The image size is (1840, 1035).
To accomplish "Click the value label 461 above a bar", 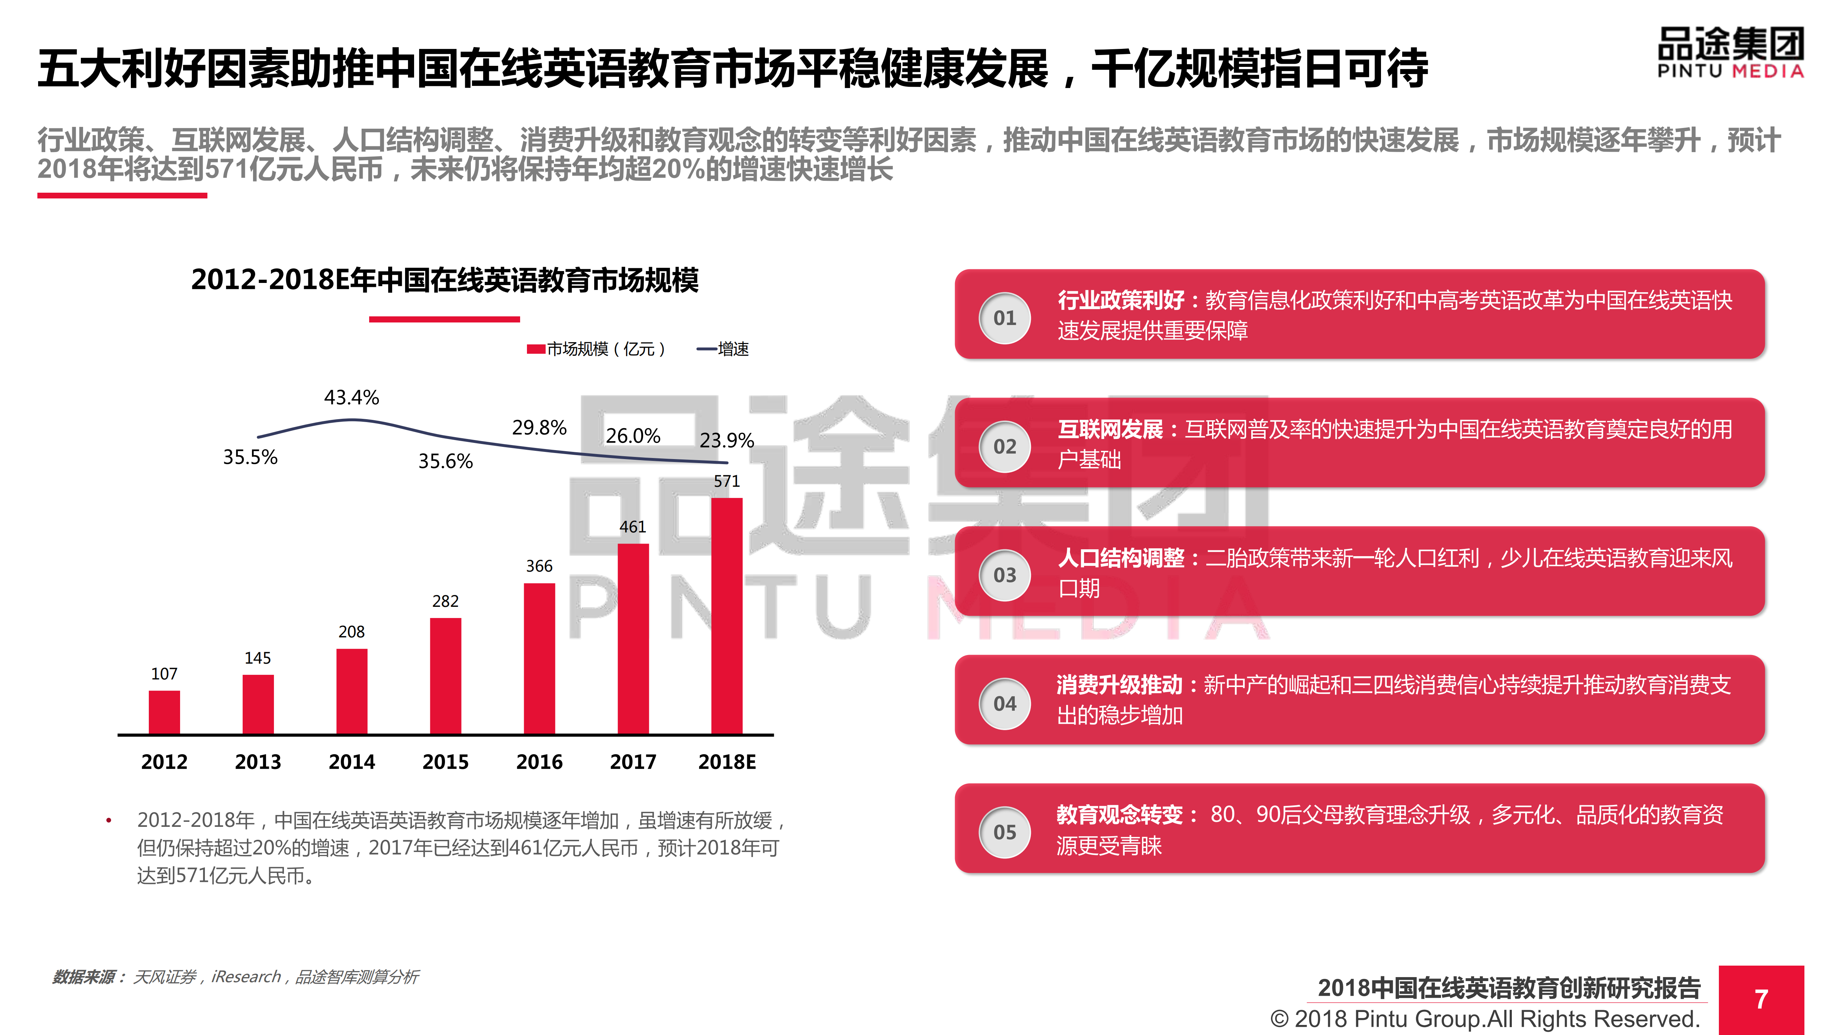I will pos(632,527).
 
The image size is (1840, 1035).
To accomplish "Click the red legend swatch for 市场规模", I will pos(536,349).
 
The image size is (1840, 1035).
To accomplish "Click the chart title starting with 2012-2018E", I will pos(444,280).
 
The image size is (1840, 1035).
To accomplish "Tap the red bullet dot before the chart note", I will pos(109,821).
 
